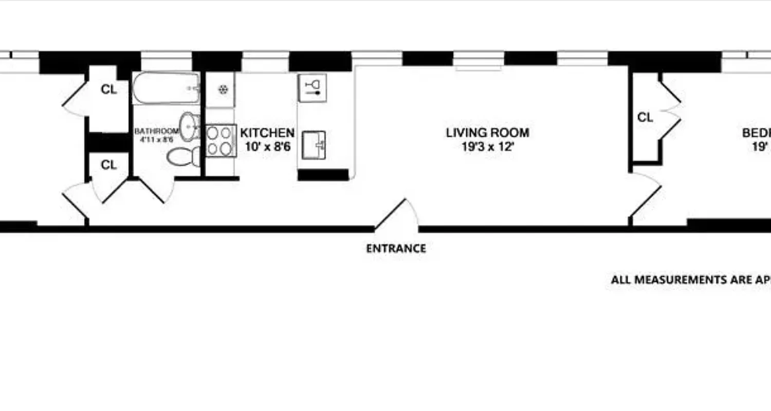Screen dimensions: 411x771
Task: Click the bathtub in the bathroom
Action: (166, 88)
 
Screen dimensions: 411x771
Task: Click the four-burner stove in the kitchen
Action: (220, 141)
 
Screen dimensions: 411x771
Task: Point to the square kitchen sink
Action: (313, 145)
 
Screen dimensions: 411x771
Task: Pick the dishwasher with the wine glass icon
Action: (312, 88)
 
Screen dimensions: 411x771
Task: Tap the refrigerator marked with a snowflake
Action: (223, 90)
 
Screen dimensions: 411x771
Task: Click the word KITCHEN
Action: (267, 133)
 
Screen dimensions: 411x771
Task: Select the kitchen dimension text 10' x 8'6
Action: (267, 147)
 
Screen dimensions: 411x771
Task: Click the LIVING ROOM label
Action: (487, 133)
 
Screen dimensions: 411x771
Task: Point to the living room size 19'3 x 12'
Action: (487, 147)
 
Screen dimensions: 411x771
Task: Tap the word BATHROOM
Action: (157, 132)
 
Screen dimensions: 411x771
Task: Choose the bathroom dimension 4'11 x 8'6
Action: (157, 139)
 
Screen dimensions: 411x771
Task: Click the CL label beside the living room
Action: (645, 118)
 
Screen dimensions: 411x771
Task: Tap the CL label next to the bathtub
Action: (108, 89)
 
